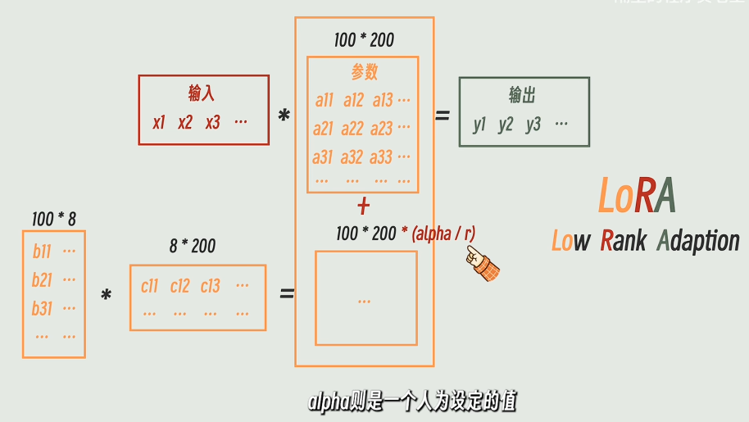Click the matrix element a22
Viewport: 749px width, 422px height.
tap(353, 129)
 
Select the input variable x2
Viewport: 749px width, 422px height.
tap(185, 122)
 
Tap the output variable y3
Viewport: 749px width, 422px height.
tap(533, 125)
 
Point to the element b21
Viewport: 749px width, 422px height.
tap(42, 280)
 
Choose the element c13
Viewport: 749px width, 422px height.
tap(210, 286)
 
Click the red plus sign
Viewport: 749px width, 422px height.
tap(364, 206)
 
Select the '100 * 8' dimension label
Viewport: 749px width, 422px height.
tap(54, 219)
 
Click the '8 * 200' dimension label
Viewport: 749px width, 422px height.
tap(193, 246)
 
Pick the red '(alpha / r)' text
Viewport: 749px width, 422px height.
tap(443, 234)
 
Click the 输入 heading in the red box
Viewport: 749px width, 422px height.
tap(202, 93)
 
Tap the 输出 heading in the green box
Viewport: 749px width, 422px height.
tap(522, 95)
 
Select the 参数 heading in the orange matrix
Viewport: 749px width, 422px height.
tap(364, 72)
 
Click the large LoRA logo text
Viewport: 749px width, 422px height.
tap(637, 196)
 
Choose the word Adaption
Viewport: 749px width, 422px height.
tap(698, 241)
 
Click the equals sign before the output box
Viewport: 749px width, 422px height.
tap(443, 116)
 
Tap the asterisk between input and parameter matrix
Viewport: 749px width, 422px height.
tap(284, 116)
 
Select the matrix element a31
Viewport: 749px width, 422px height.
tap(323, 157)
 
